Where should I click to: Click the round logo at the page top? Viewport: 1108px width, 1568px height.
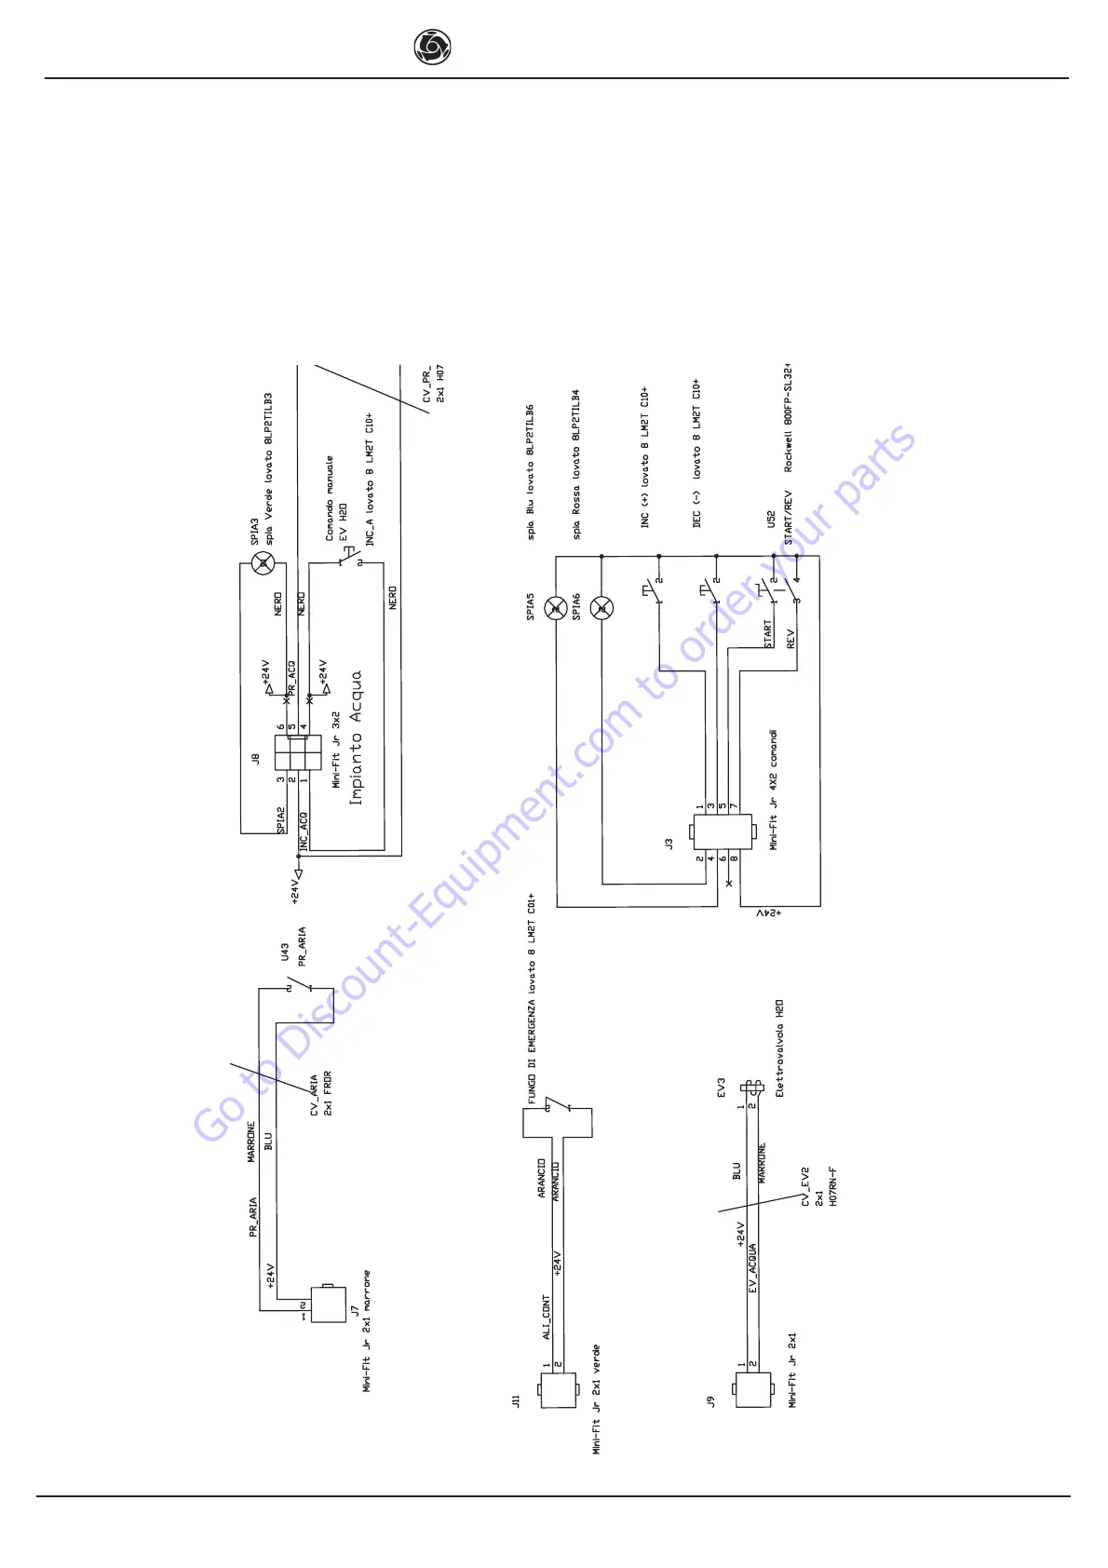tap(432, 47)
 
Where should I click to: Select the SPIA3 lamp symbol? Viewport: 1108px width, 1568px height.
tap(263, 562)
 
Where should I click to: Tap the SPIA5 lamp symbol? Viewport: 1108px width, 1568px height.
tap(556, 609)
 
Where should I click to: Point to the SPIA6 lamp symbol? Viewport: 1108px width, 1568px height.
tap(601, 609)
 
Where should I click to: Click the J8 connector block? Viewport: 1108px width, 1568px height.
tap(298, 753)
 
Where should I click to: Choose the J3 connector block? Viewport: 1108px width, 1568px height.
tap(722, 831)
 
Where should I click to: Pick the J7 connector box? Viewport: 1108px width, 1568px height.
tap(328, 1304)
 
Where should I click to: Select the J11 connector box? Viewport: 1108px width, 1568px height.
tap(558, 1388)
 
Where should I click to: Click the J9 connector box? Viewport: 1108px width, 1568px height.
tap(753, 1388)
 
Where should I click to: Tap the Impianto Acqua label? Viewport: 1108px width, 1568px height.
tap(355, 737)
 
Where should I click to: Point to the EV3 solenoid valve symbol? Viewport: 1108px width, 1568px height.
tap(751, 1087)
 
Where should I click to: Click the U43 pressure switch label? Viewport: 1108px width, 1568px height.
tap(285, 954)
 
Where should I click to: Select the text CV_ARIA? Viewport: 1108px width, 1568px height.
tap(315, 1095)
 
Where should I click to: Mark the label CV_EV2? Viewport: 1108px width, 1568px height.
tap(805, 1187)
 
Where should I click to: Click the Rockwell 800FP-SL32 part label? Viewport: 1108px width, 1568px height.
tap(788, 417)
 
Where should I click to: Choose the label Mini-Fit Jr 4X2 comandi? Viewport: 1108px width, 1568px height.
tap(774, 791)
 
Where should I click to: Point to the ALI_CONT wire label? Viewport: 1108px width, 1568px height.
tap(547, 1317)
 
